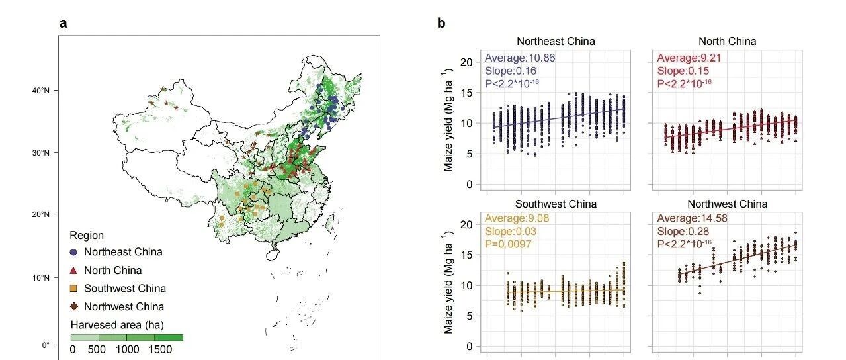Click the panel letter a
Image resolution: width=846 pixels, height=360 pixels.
[x=63, y=24]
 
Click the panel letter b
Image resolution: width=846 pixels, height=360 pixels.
[x=441, y=24]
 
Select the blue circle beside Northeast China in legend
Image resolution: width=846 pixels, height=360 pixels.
[x=74, y=252]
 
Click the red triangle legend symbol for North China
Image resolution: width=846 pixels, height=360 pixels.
[x=74, y=270]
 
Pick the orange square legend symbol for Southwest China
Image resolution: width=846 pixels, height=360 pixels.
[x=74, y=289]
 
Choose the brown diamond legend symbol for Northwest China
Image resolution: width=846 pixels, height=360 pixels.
[x=74, y=306]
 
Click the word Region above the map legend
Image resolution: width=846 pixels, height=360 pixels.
[x=87, y=235]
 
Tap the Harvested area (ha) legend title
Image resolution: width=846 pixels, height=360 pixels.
[x=117, y=324]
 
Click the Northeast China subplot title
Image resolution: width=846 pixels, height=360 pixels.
[x=555, y=41]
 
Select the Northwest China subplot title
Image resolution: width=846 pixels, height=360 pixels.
[x=727, y=204]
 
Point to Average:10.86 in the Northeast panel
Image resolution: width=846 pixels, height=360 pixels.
[x=520, y=58]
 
